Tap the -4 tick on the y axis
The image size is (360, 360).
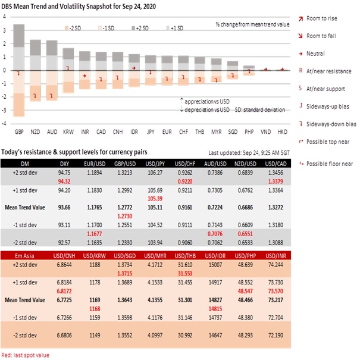pos(5,124)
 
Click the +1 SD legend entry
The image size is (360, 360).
pos(176,27)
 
